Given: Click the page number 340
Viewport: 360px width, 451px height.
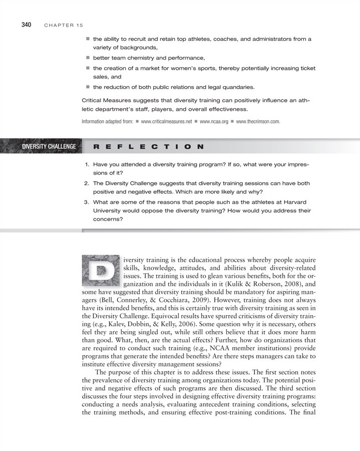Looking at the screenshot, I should pos(26,24).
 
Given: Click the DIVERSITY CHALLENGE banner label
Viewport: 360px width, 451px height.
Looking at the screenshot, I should pos(49,146).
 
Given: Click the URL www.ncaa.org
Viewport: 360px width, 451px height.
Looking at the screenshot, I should pos(215,122).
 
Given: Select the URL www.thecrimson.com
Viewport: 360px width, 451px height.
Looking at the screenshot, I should pos(257,122).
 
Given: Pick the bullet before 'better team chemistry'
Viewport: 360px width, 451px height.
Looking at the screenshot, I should pos(87,58).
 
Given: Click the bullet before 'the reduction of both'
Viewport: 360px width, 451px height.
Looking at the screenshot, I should pos(87,87).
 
